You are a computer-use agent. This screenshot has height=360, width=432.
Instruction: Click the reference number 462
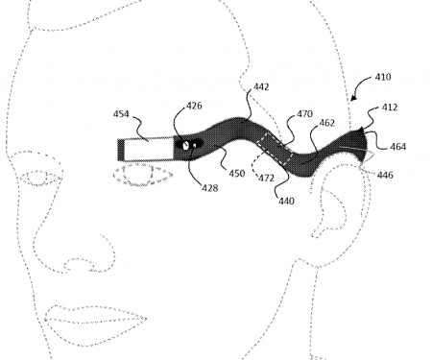point(325,124)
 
